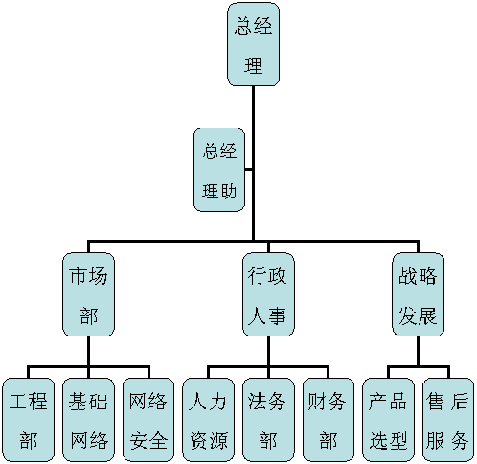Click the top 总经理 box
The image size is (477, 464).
click(x=253, y=44)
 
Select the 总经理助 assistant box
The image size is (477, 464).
click(x=219, y=170)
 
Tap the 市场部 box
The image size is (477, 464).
click(x=88, y=294)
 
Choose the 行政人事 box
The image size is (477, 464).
click(x=268, y=294)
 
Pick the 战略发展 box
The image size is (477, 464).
click(x=418, y=294)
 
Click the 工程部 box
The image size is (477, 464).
click(x=29, y=420)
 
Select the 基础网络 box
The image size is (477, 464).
click(x=88, y=420)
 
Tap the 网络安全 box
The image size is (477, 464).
click(x=148, y=420)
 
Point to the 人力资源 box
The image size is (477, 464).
click(x=209, y=420)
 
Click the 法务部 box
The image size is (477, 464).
click(x=268, y=420)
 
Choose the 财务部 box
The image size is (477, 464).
click(x=329, y=420)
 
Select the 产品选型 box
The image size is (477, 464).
click(x=388, y=420)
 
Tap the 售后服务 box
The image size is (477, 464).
click(x=448, y=420)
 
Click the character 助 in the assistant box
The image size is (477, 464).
click(x=228, y=192)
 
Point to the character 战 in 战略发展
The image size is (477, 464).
click(x=408, y=276)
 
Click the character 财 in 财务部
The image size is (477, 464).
click(x=317, y=402)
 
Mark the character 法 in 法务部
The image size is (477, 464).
click(x=258, y=402)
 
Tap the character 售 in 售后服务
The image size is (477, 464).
click(x=436, y=402)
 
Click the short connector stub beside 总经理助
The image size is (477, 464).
click(x=249, y=170)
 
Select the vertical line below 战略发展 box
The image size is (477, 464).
click(x=418, y=351)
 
